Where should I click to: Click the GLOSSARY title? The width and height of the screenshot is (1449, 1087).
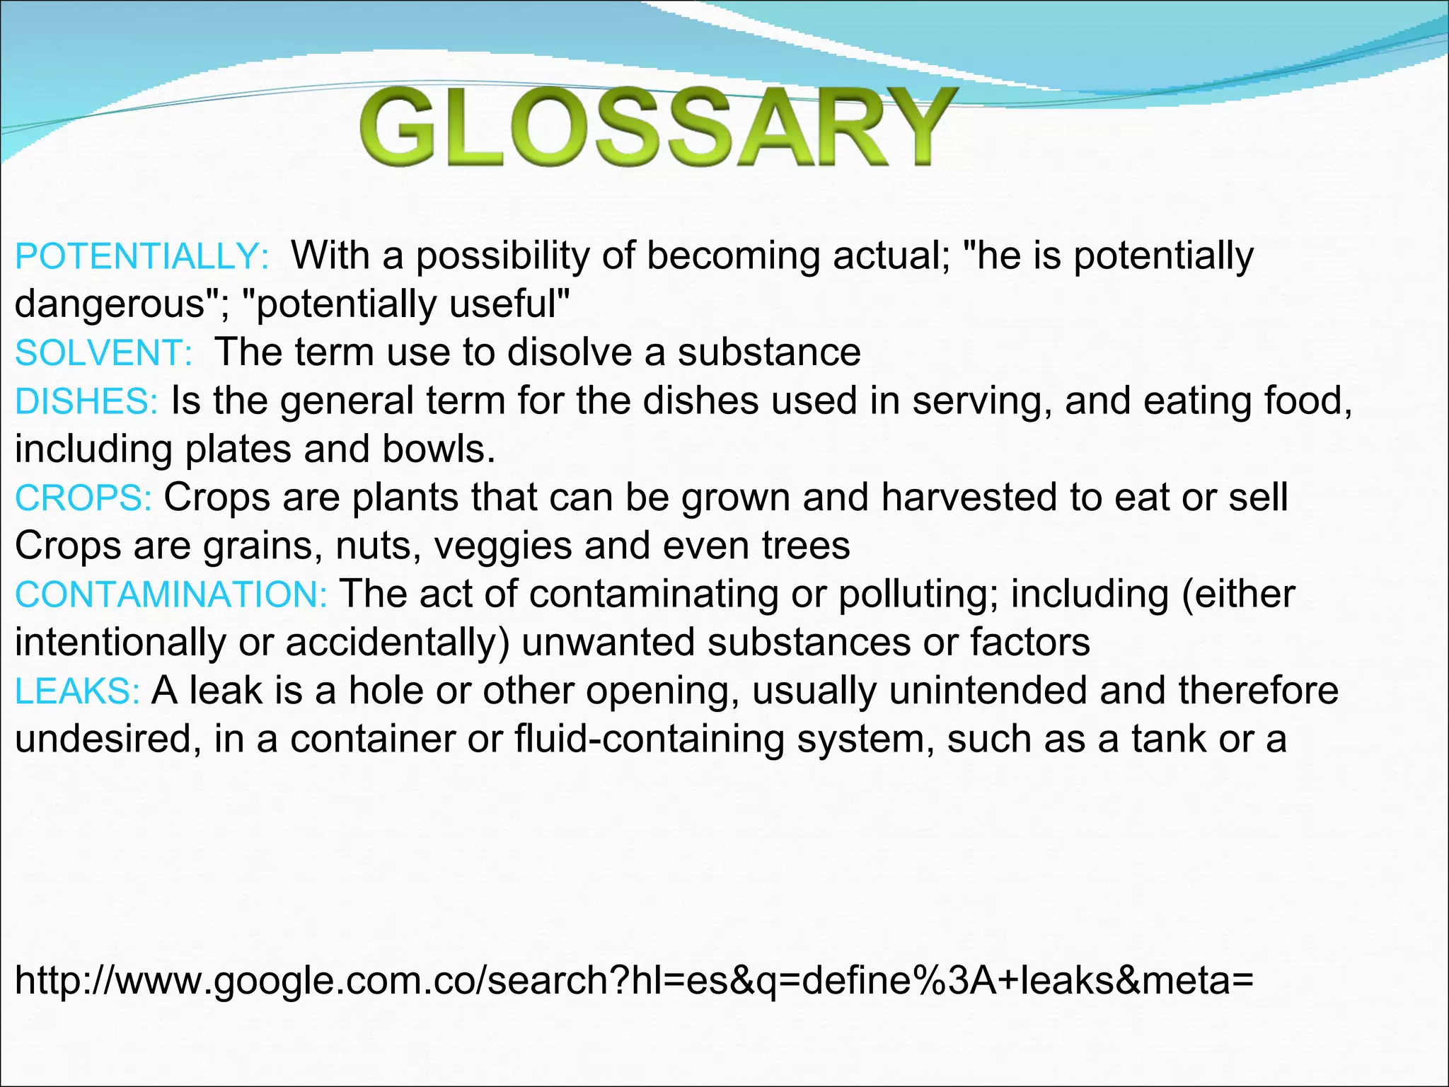click(655, 127)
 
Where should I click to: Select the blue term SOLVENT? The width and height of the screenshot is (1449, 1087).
click(103, 353)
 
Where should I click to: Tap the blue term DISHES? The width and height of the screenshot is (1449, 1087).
click(86, 402)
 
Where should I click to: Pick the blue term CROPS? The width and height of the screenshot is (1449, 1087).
click(83, 498)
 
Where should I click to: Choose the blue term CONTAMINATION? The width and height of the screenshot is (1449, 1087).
click(171, 594)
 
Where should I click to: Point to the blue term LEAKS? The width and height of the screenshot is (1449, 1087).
click(77, 691)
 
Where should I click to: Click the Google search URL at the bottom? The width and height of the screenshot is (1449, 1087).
click(634, 980)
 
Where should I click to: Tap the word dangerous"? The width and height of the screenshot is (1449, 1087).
click(121, 304)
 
